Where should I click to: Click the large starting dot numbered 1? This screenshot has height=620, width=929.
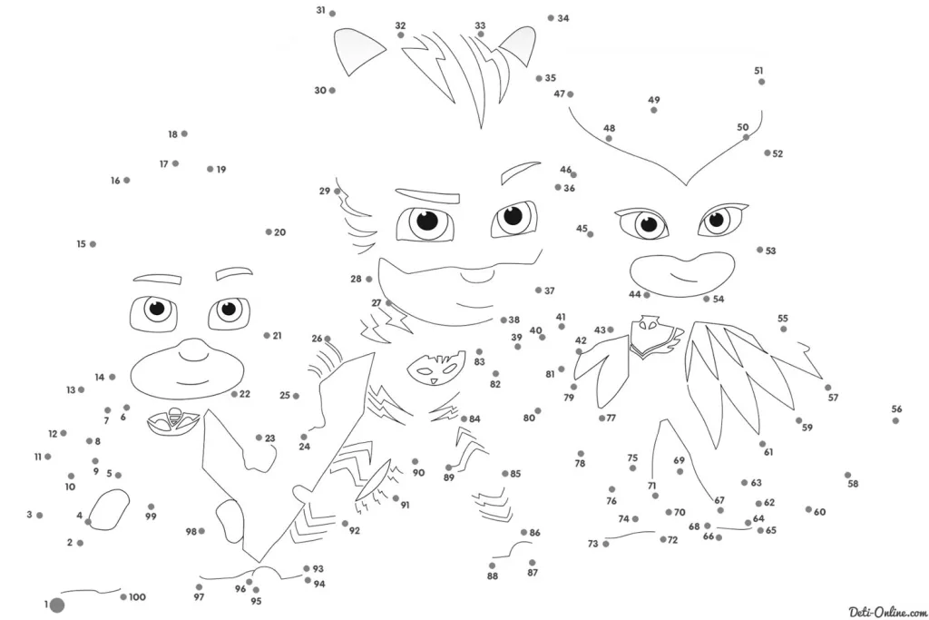point(57,605)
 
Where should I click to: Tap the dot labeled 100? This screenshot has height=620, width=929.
point(123,597)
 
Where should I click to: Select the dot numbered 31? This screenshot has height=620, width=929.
point(332,14)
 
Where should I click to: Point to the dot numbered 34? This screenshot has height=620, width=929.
point(551,18)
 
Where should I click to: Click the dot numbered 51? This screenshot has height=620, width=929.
point(761,82)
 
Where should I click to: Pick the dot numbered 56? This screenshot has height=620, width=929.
point(895,421)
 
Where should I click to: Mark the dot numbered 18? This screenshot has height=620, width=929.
point(184,134)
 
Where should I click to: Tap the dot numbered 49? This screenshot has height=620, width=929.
point(653,110)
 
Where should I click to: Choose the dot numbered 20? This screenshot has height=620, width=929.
point(269,232)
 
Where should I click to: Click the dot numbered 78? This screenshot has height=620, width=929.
point(581,454)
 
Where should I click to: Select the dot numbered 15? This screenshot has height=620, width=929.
point(93,244)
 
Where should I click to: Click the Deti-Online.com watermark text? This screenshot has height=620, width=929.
point(887,612)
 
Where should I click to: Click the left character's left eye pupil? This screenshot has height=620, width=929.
point(157,308)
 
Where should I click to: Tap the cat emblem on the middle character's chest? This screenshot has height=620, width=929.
point(433,369)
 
